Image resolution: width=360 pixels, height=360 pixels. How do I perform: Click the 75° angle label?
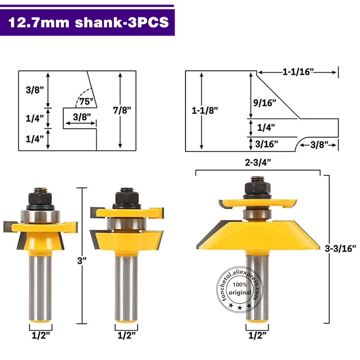[x=86, y=101]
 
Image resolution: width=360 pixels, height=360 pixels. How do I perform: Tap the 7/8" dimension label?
[x=122, y=110]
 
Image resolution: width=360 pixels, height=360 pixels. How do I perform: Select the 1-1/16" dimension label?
[x=298, y=72]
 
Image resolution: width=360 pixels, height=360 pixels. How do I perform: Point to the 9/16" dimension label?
[x=265, y=103]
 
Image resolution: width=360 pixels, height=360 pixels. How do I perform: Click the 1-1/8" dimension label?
[x=205, y=110]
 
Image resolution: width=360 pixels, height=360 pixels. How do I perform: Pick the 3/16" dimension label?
[x=266, y=144]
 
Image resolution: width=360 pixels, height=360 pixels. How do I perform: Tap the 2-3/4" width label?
[x=258, y=162]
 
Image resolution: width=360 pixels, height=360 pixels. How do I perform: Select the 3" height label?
[x=82, y=261]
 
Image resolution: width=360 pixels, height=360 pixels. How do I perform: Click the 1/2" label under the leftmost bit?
[x=40, y=335]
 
